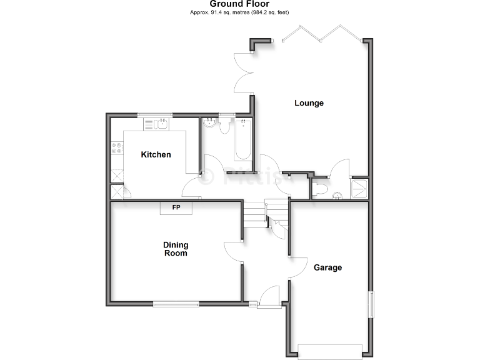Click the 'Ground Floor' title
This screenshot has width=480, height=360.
[239, 4]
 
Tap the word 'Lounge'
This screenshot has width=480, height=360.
[309, 103]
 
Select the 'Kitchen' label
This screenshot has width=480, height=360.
[156, 154]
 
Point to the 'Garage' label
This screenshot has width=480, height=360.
[327, 267]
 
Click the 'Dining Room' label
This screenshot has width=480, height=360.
[176, 249]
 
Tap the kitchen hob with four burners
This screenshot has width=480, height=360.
[116, 149]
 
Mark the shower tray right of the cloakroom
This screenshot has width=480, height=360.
[360, 188]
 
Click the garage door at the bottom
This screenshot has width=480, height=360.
[330, 351]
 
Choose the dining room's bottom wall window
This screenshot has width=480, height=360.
[176, 304]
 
